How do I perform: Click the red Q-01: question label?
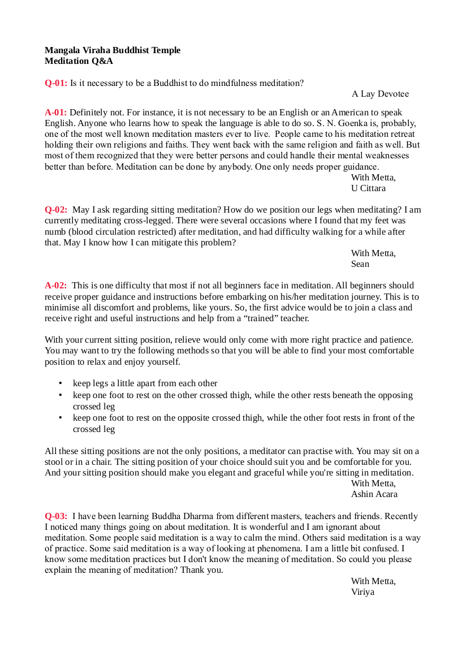click(x=56, y=83)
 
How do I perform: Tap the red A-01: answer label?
click(x=56, y=113)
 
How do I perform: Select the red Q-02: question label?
click(x=56, y=210)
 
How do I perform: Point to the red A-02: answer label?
click(x=56, y=286)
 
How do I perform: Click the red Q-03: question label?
click(x=56, y=516)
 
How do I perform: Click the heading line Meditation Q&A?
click(x=79, y=61)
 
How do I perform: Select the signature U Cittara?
click(x=369, y=188)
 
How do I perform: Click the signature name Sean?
click(x=360, y=264)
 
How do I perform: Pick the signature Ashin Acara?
click(x=374, y=494)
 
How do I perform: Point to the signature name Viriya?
click(x=363, y=593)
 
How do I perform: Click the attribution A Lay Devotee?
click(x=380, y=94)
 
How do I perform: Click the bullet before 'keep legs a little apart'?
click(x=60, y=384)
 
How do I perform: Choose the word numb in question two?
click(x=54, y=232)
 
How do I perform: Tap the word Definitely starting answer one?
click(x=89, y=113)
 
